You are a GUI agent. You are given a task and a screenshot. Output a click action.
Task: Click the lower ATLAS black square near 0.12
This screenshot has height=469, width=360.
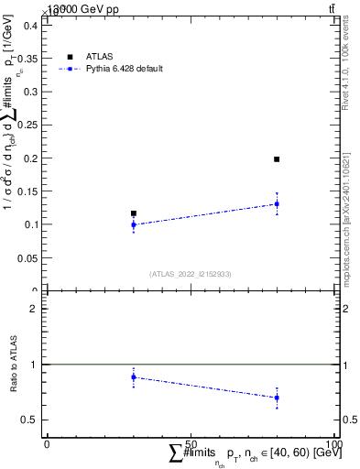point(134,213)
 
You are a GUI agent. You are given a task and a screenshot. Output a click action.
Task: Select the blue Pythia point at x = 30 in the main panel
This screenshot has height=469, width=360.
point(134,224)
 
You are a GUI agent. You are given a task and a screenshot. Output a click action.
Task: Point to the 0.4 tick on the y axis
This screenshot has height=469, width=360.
point(29,26)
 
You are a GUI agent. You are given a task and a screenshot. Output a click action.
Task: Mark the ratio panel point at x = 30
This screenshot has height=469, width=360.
point(134,376)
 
